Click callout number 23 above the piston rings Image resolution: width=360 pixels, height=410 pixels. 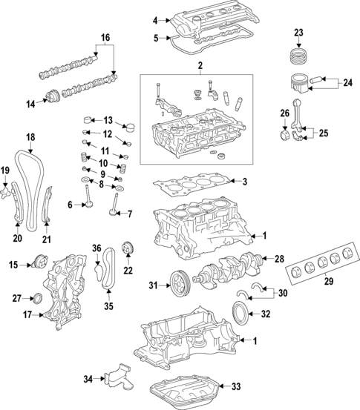point(298,32)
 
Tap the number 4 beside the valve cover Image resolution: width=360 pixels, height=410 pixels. point(155,20)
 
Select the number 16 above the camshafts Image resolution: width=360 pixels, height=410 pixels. point(105,36)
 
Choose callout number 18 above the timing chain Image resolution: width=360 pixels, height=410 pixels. point(30,137)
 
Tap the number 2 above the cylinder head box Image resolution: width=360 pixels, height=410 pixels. point(200,67)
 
